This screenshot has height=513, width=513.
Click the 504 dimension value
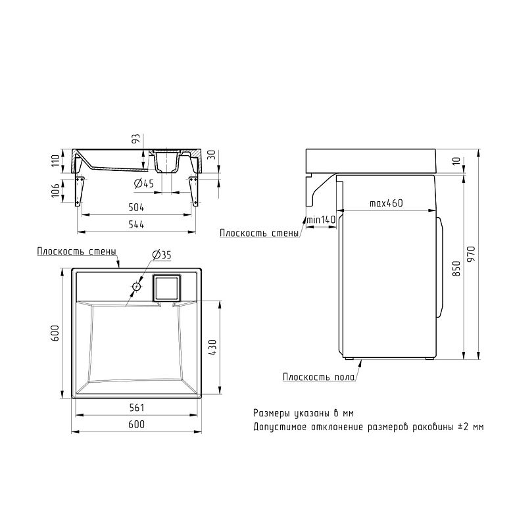[137, 208]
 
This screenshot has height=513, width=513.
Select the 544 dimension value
[137, 225]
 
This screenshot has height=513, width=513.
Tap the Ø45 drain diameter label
[143, 183]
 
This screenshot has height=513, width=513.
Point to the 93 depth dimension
[136, 139]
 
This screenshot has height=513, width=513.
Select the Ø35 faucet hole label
[161, 254]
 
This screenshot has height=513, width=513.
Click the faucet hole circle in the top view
[136, 286]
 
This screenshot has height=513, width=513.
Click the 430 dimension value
[212, 347]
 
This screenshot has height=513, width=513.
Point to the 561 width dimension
[137, 408]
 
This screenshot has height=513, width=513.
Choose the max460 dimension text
[385, 203]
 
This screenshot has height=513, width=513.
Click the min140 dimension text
[321, 220]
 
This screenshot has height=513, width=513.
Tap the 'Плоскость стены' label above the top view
[77, 251]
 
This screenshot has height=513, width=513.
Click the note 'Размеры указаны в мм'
[303, 413]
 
